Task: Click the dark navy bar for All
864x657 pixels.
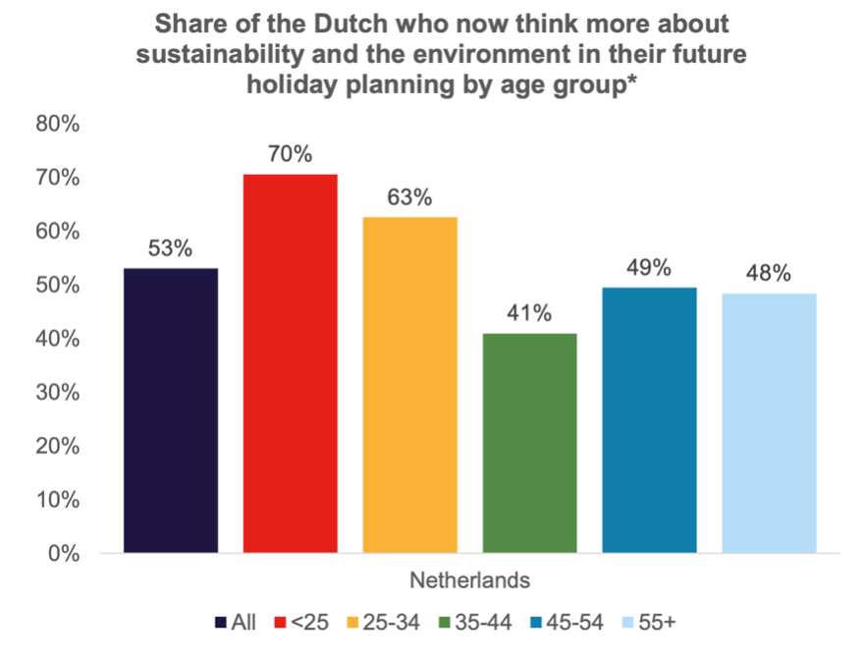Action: coord(171,411)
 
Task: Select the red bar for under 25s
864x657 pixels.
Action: coord(291,363)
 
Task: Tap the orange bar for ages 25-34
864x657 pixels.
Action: coord(409,384)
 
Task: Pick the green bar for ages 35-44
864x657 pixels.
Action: coord(529,443)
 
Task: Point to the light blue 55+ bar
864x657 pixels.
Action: coord(769,423)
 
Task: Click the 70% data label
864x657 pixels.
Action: coord(291,154)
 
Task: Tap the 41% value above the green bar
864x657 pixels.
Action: coord(529,314)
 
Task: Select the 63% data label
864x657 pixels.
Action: coord(409,196)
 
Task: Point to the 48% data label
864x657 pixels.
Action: coord(769,273)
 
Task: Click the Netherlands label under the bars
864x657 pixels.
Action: coord(469,580)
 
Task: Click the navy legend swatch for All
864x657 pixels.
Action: coord(221,623)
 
